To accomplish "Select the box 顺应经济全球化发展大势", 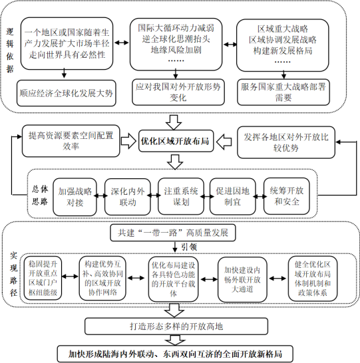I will pos(67,92).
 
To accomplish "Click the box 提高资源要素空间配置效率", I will pos(75,142).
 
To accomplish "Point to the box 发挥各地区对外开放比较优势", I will pos(283,142).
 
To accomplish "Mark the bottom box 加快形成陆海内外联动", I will pos(176,352).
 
